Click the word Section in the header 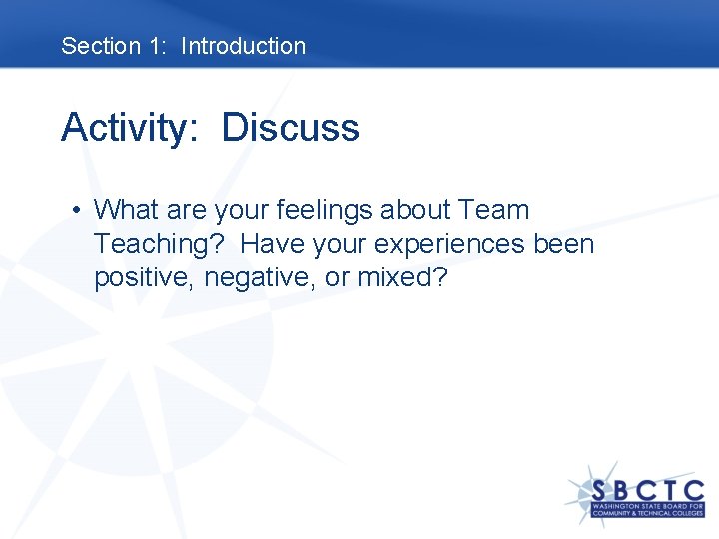coord(101,46)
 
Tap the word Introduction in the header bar coord(243,46)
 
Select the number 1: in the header coord(160,46)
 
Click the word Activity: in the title coord(132,129)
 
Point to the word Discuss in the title coord(290,129)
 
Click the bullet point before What coord(76,211)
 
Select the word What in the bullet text coord(126,211)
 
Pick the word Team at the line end coord(494,211)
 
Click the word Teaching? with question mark coord(160,245)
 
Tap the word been coord(563,245)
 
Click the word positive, coord(145,278)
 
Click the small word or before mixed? coord(337,278)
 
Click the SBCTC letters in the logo coord(647,492)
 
